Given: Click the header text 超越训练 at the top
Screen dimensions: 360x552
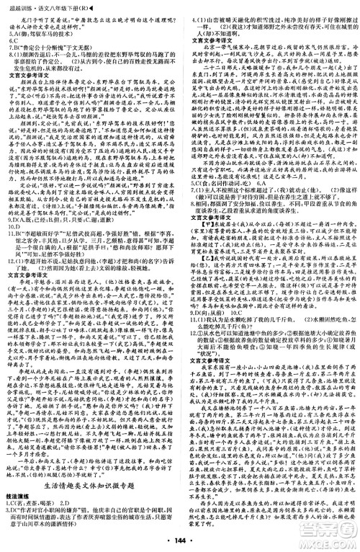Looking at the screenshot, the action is [16, 6].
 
